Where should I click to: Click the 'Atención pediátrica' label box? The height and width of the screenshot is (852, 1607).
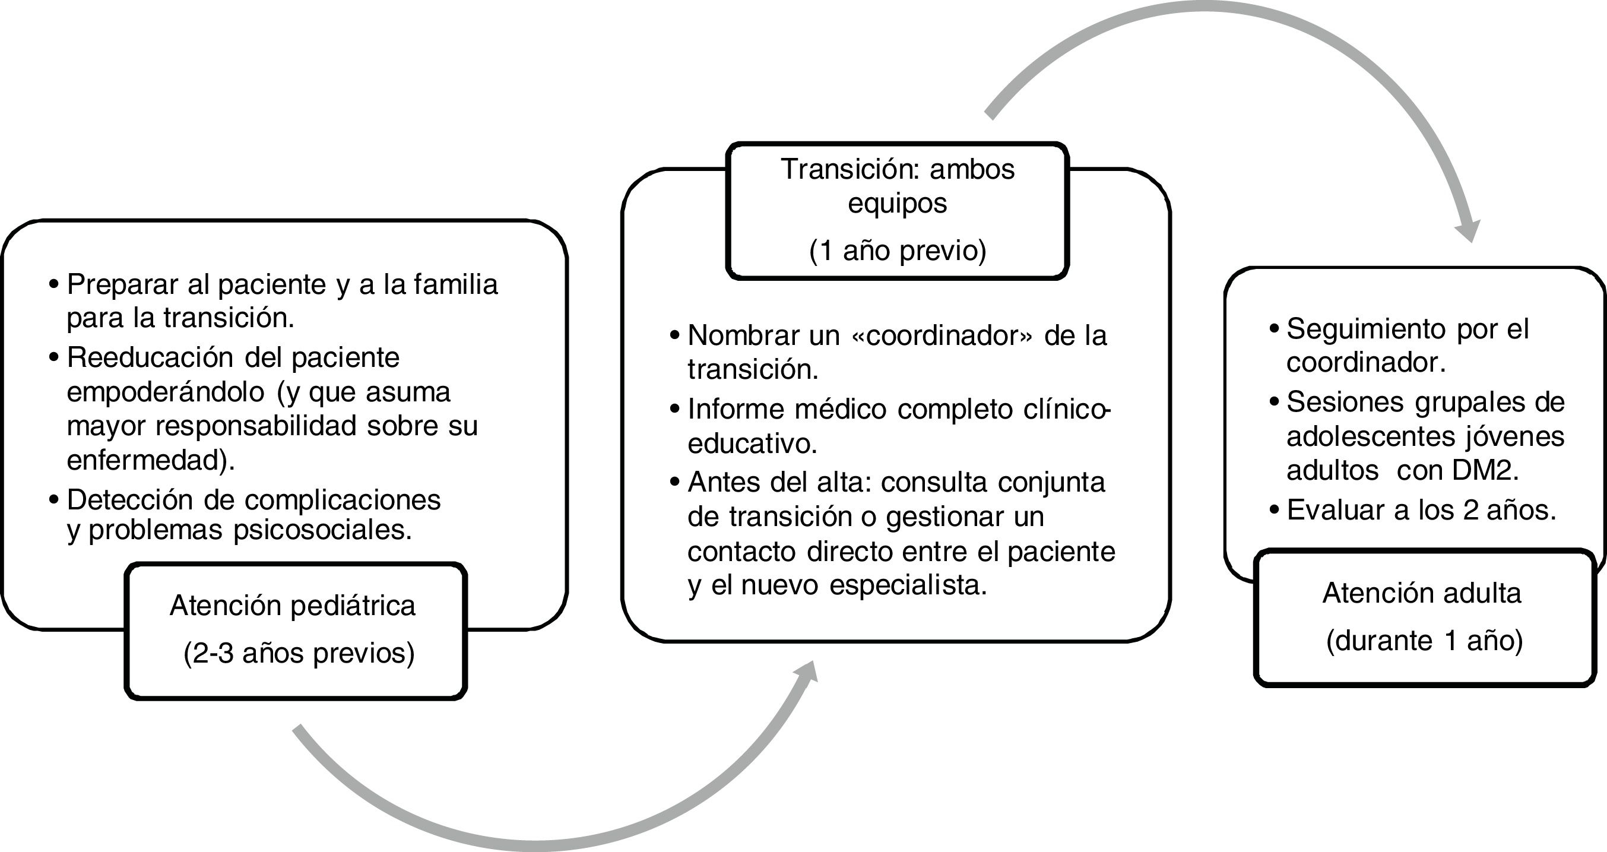tap(295, 630)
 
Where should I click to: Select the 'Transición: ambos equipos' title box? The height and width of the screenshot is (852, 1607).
tap(897, 210)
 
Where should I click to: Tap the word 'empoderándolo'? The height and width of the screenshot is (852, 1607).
tap(165, 392)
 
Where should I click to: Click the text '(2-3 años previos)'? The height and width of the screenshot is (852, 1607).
tap(299, 654)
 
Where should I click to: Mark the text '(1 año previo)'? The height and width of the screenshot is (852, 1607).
tap(897, 251)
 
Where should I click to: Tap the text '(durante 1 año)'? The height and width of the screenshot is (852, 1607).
tap(1424, 641)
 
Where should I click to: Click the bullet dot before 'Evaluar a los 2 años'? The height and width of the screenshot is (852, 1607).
tap(1274, 511)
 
